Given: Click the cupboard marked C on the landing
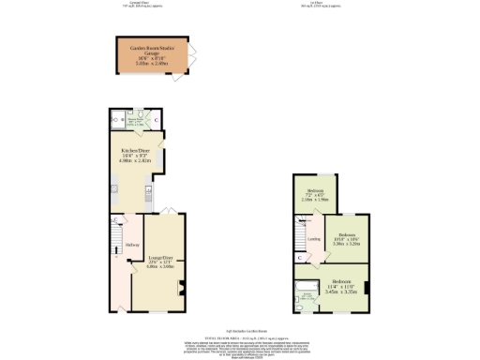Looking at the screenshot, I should pos(300,257).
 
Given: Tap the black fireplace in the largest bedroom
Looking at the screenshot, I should pos(367,287).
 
